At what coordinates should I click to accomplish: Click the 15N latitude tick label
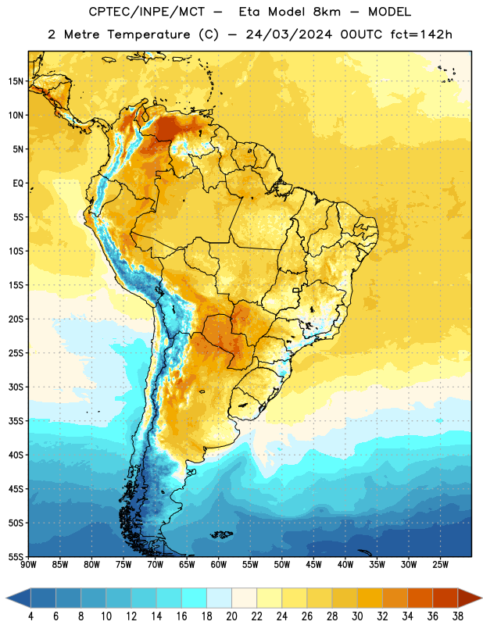click(x=15, y=81)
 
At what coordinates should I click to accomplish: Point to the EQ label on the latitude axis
click(x=18, y=184)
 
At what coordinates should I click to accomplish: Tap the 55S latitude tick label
click(x=15, y=557)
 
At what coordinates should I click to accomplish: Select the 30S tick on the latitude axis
click(x=15, y=387)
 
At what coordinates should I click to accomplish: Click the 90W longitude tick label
click(x=28, y=565)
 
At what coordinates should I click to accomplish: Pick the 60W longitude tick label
click(x=219, y=565)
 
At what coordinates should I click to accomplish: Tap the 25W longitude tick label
click(x=440, y=565)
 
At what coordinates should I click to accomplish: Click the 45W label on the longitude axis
click(x=313, y=565)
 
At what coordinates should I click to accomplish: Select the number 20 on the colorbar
click(x=231, y=616)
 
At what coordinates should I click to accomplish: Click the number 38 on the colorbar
click(x=457, y=616)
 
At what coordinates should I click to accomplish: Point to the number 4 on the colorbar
click(x=30, y=616)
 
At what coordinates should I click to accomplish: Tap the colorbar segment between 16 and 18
click(x=195, y=598)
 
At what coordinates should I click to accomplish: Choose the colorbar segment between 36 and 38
click(x=445, y=598)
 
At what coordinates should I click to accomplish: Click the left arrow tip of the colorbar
click(x=6, y=598)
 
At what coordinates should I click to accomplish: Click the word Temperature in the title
click(x=148, y=34)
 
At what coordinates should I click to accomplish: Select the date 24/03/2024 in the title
click(x=289, y=34)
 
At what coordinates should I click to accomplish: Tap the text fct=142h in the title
click(x=421, y=34)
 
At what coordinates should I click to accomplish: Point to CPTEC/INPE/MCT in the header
click(x=146, y=12)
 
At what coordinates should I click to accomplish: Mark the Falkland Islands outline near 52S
click(x=221, y=534)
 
